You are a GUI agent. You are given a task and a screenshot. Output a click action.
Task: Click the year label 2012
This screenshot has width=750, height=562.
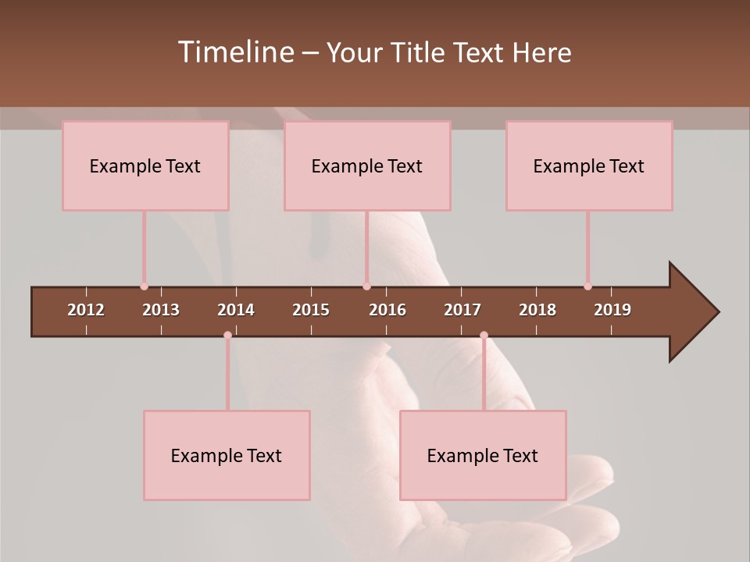pos(86,310)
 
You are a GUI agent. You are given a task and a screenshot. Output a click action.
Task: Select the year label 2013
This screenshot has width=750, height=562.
pos(161,310)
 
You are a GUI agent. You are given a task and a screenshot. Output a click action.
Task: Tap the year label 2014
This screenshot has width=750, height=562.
pos(236,310)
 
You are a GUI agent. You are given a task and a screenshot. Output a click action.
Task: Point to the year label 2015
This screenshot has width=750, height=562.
pos(311,310)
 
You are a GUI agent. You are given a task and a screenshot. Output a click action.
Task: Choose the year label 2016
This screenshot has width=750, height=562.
pos(387,310)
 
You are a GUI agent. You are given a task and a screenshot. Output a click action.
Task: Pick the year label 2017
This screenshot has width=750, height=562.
pos(462,310)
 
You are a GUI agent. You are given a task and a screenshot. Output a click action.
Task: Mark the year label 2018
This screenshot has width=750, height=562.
pos(537,310)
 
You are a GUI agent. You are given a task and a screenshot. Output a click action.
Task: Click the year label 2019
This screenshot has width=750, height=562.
pos(612,310)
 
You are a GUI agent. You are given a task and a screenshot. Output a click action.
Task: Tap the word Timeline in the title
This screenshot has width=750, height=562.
pos(234,52)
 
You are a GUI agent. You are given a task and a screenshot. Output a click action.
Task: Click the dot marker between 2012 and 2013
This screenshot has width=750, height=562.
pos(144,286)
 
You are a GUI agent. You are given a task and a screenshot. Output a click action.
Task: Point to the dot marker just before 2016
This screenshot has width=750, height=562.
pos(366,286)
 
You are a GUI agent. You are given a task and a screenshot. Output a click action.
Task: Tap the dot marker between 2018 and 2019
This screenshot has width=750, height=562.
pos(587,286)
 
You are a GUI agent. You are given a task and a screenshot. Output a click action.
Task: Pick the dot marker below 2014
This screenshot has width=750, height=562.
pos(227,336)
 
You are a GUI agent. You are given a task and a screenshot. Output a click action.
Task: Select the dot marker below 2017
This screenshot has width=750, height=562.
pos(484,336)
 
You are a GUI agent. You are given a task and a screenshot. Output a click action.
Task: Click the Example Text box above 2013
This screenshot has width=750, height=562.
pos(145,165)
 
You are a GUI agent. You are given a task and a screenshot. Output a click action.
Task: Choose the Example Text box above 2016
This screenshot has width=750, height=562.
pos(367,165)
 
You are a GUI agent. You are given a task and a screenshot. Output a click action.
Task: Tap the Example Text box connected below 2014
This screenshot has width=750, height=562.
pos(227,455)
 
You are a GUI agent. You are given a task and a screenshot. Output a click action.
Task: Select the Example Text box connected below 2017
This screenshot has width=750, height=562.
pos(483,455)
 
